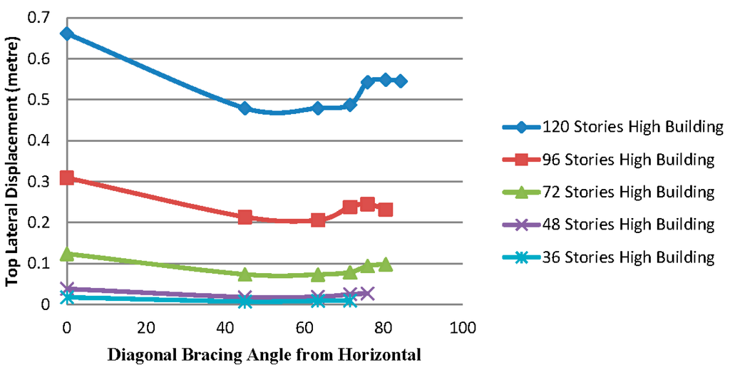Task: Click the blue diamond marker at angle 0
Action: point(67,34)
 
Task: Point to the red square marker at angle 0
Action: point(67,178)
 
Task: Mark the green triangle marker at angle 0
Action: point(67,254)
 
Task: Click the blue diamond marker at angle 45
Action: point(245,108)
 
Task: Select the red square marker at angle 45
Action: point(245,217)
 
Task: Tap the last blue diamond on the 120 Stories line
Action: point(401,81)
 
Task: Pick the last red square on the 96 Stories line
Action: point(385,210)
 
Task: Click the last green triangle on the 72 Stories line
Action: point(385,264)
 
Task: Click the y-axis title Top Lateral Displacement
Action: point(13,160)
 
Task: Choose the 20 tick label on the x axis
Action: point(146,329)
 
